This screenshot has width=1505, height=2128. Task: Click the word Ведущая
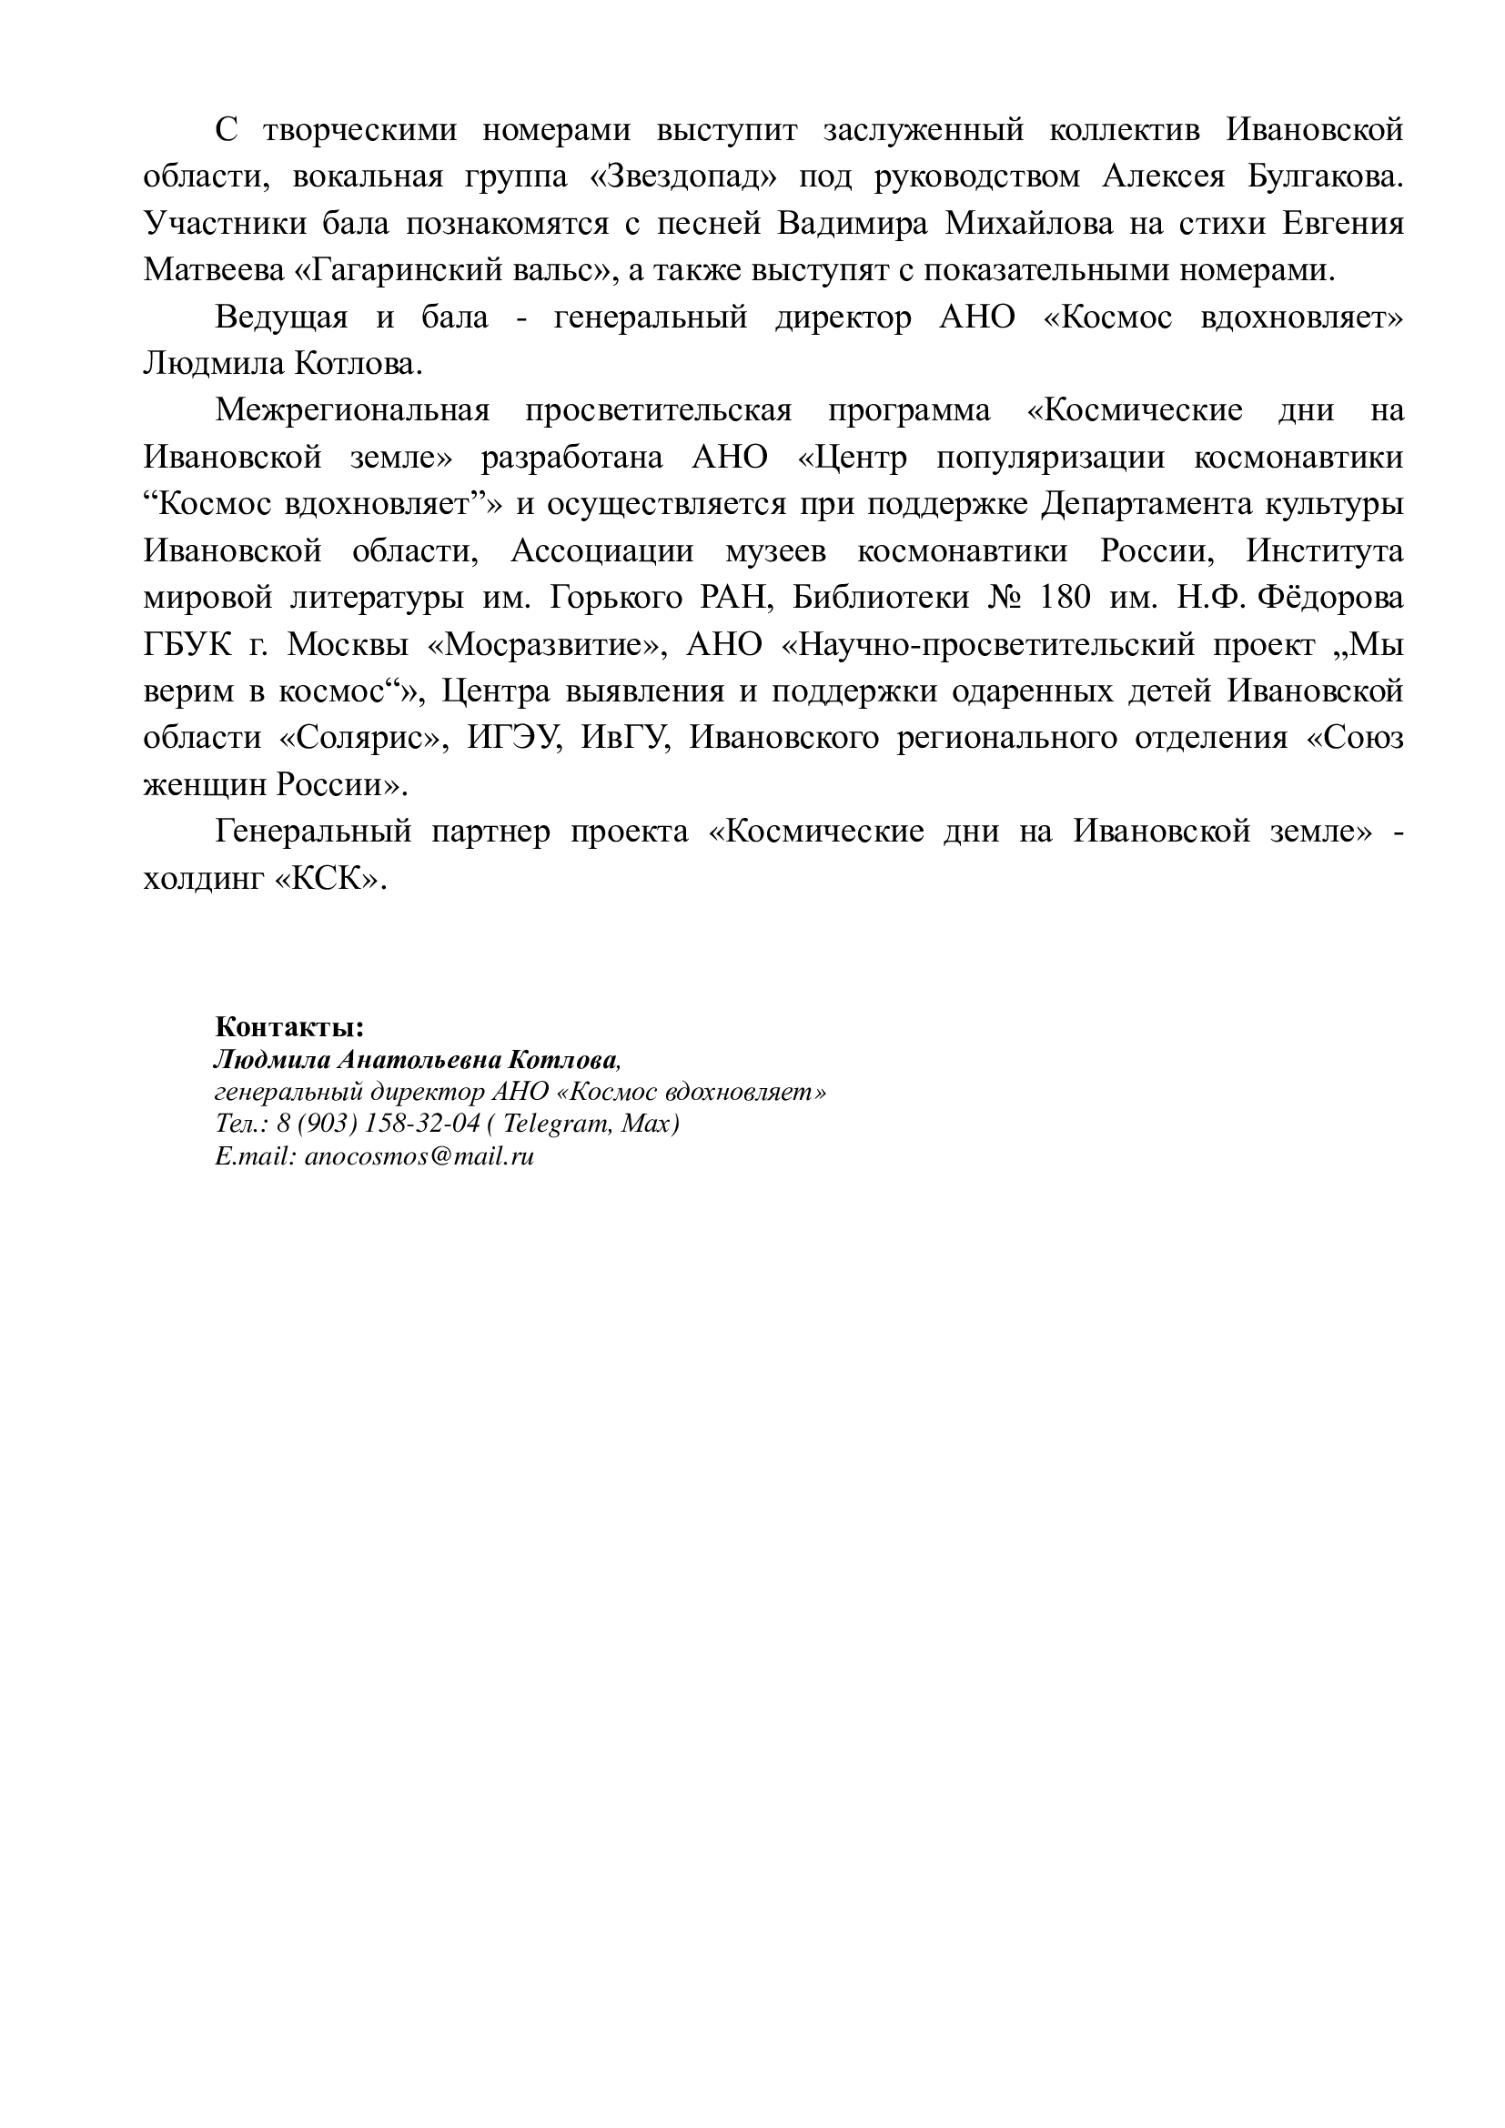(x=281, y=318)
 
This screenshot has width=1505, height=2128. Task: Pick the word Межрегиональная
(x=352, y=410)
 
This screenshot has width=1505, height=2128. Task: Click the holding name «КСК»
(x=330, y=878)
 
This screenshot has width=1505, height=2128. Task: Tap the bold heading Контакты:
(x=289, y=1027)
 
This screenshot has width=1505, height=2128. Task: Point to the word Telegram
(x=557, y=1124)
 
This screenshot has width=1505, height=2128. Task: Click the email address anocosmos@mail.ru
(x=419, y=1155)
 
